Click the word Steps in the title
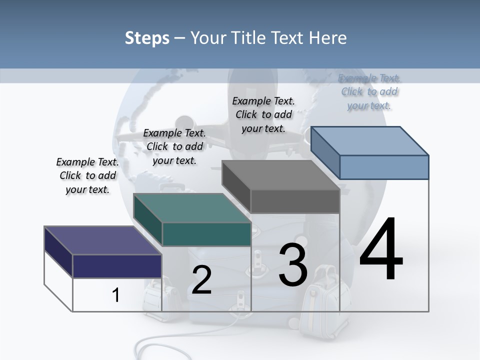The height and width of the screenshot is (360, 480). pos(147,38)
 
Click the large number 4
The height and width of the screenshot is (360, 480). pos(381,250)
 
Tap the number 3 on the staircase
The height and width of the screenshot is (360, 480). pos(293,265)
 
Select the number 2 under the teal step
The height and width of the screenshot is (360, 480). pos(202,280)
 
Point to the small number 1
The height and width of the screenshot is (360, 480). pos(115,295)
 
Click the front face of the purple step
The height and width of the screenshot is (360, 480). pos(117,266)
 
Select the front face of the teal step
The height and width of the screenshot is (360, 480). pos(206,234)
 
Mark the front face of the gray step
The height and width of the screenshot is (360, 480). pos(295,201)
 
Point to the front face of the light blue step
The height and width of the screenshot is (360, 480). pos(384,167)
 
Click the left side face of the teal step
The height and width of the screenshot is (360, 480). pos(148,220)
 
